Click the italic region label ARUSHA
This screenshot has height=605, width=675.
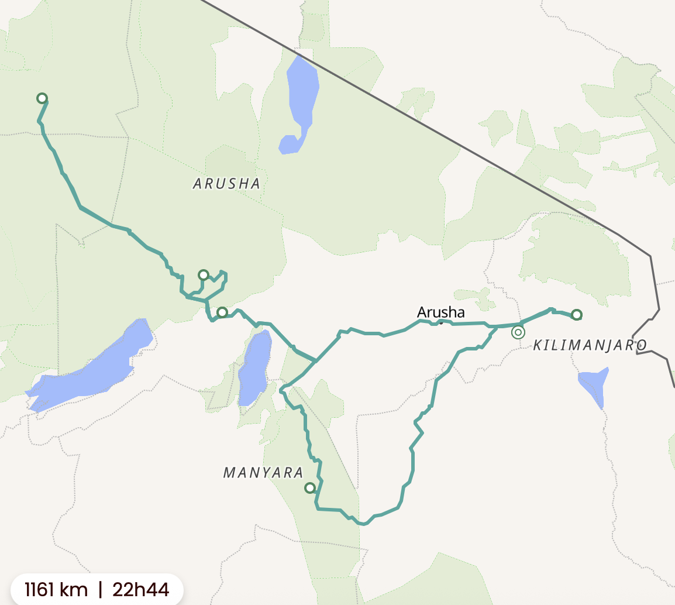(x=226, y=184)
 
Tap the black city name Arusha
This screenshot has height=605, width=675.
(x=440, y=312)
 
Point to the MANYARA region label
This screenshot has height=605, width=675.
(x=263, y=473)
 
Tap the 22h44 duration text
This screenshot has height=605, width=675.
(x=141, y=590)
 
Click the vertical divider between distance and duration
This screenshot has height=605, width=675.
(x=100, y=590)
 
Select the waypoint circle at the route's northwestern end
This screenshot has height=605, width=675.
(x=42, y=98)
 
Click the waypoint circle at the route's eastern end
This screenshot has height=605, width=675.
(x=576, y=315)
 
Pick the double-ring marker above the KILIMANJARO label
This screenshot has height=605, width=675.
(x=518, y=332)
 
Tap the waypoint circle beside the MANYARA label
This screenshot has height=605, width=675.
(x=310, y=487)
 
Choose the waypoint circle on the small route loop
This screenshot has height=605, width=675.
(x=203, y=275)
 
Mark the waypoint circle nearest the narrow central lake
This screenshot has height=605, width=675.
(x=222, y=312)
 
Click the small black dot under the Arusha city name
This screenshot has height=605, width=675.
(x=441, y=323)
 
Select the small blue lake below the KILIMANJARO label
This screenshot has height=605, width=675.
(x=595, y=383)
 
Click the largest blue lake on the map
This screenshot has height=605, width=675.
(x=94, y=366)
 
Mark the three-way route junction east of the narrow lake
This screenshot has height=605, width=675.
(x=316, y=360)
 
